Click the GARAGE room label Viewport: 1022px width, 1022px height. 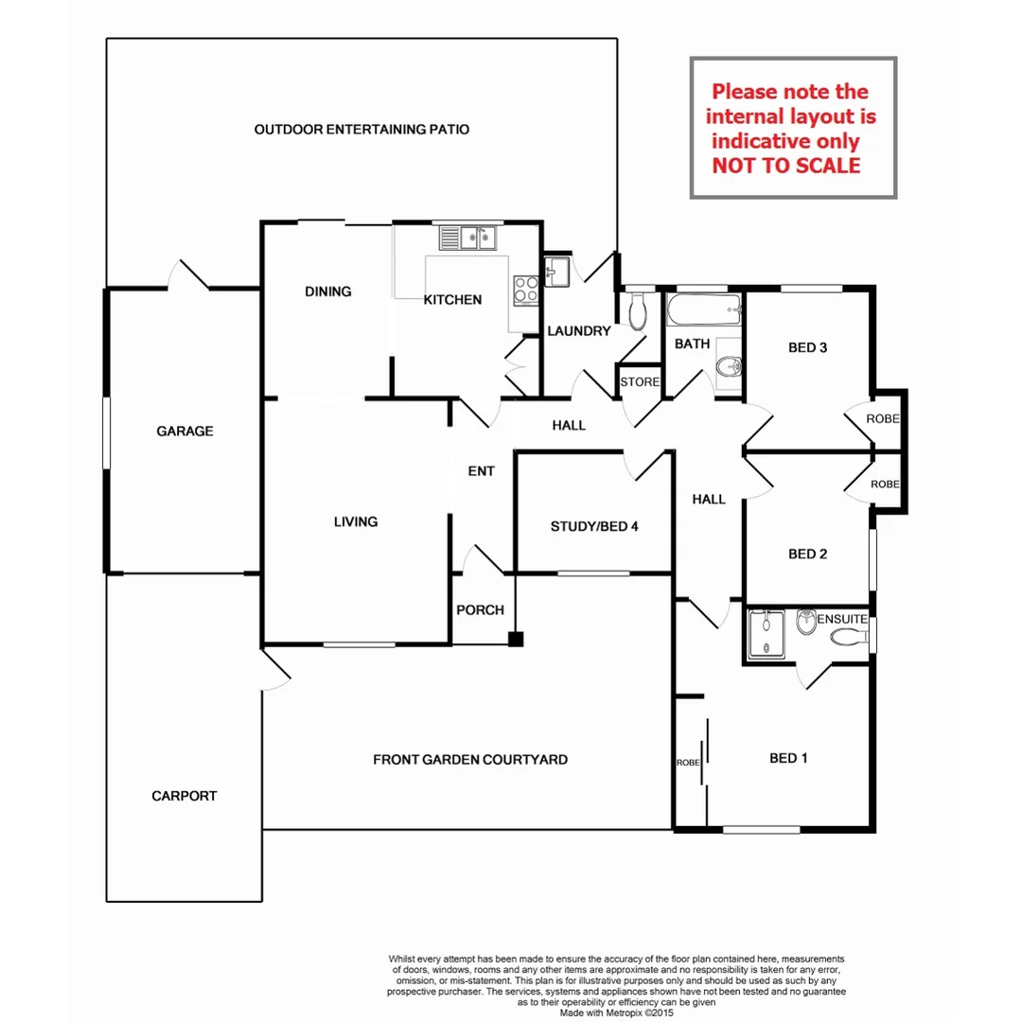185,432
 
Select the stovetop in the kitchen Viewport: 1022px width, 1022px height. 525,288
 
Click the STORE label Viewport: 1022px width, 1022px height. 639,382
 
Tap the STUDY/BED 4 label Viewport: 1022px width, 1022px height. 594,526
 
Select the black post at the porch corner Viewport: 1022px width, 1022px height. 515,639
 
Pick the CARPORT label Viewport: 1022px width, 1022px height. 184,796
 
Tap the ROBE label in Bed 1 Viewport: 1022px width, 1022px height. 687,762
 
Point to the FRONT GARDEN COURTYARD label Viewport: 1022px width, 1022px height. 469,759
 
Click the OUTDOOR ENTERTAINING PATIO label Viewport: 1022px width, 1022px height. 361,129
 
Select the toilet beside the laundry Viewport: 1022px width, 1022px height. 637,310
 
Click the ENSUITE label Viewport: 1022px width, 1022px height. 842,619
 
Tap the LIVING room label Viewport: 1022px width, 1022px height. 355,521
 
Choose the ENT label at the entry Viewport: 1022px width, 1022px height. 481,470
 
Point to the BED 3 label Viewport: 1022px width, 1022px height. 807,347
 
